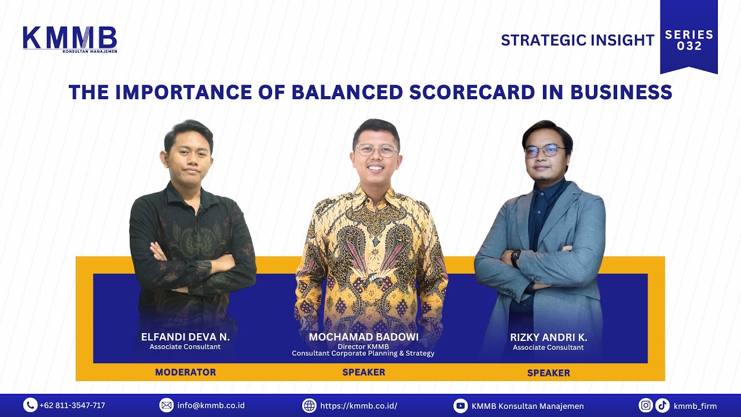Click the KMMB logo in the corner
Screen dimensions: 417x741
pos(69,39)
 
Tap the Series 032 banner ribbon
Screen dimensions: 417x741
pos(688,38)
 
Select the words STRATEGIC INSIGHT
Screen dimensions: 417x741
pos(577,40)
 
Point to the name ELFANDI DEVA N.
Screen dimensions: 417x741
pos(185,337)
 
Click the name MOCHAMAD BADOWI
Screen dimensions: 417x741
pos(364,337)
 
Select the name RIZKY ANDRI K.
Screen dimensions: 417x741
pos(548,338)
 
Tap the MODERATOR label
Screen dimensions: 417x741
pos(185,372)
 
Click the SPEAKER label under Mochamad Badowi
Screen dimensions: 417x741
pos(364,372)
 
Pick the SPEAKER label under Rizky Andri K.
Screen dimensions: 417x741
pos(548,373)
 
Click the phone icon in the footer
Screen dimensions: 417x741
pos(30,405)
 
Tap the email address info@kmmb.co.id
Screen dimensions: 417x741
pos(211,405)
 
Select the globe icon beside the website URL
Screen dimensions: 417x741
pos(309,405)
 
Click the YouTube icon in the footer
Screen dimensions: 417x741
pos(460,405)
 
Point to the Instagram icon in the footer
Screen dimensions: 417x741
pos(646,405)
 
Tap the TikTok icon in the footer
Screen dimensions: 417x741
pos(662,405)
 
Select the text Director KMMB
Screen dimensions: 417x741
pos(363,346)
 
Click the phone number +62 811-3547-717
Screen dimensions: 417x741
pos(72,405)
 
